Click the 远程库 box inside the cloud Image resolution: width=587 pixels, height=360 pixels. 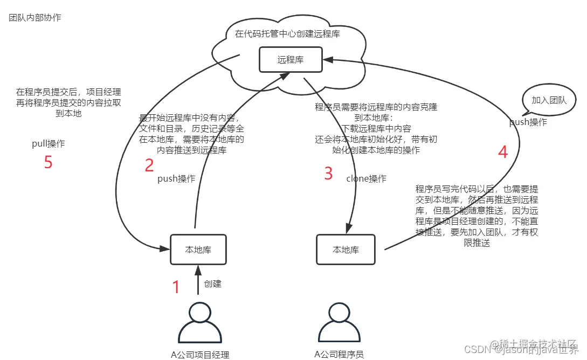point(291,59)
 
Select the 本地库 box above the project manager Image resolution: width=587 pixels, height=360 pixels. point(198,250)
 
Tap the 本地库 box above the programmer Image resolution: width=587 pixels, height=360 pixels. point(346,250)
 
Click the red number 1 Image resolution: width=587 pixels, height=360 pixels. point(176,287)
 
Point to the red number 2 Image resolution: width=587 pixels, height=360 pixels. point(149,165)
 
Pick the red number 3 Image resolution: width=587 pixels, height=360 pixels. point(328,174)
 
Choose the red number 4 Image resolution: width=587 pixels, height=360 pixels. point(503,152)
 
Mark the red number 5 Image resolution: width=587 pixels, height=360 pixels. point(49,162)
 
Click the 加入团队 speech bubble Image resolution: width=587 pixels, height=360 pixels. point(549,100)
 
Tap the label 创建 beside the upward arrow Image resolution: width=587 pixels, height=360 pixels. point(212,283)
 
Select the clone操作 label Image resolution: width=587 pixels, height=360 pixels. point(366,178)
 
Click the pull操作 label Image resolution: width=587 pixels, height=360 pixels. point(48,144)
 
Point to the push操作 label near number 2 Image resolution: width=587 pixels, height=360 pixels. point(176,178)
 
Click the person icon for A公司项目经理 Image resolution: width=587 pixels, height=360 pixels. point(200,323)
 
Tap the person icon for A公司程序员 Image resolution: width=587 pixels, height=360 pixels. point(339,323)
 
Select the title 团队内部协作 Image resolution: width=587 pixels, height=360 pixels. point(35,18)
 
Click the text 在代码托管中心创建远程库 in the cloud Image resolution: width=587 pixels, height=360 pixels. point(288,34)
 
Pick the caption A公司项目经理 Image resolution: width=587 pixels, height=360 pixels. point(200,354)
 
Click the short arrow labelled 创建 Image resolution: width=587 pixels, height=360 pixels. point(198,280)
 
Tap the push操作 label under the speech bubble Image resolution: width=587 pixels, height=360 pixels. point(528,122)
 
